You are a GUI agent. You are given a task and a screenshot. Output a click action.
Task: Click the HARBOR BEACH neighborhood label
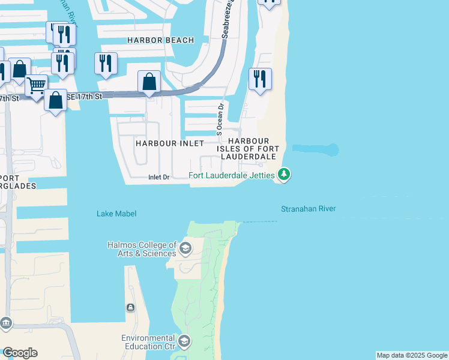(x=161, y=40)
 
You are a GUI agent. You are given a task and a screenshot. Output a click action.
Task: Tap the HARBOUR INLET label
(x=170, y=143)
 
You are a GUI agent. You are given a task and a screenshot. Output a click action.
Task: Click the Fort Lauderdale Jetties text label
(x=231, y=176)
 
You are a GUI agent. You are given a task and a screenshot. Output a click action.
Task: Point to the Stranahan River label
(x=308, y=209)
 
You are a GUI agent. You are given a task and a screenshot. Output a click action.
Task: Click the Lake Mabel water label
(x=116, y=214)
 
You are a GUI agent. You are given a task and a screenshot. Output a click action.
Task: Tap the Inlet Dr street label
(x=159, y=177)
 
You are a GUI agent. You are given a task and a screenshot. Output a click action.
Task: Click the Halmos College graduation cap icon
(x=186, y=248)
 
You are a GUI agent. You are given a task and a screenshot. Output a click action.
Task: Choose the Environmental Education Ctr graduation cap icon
(x=184, y=341)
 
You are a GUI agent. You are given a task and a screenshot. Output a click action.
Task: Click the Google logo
(x=20, y=353)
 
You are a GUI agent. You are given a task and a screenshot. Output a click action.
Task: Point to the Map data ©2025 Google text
(x=412, y=355)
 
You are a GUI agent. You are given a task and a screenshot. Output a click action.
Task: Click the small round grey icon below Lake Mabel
(x=130, y=308)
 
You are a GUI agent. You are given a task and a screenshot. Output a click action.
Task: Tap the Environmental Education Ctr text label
(x=148, y=342)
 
